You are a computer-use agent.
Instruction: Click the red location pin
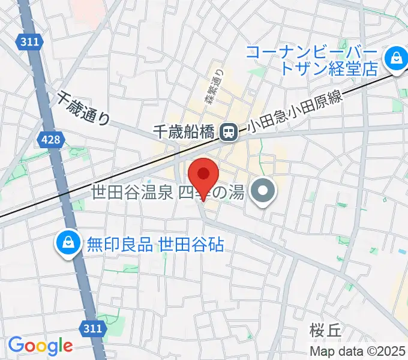pyautogui.click(x=203, y=175)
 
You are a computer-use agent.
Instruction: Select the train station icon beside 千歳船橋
pyautogui.click(x=228, y=132)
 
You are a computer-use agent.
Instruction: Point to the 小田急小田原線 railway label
pyautogui.click(x=294, y=110)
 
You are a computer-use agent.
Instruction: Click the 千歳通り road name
pyautogui.click(x=84, y=108)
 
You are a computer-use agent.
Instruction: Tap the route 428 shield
pyautogui.click(x=50, y=139)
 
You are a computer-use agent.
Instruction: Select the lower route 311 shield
pyautogui.click(x=92, y=328)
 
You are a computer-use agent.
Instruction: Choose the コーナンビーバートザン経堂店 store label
pyautogui.click(x=312, y=60)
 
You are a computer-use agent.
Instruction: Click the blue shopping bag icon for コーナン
pyautogui.click(x=396, y=59)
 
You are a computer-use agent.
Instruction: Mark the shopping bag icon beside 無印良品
pyautogui.click(x=68, y=243)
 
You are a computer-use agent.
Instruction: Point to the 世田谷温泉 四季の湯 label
pyautogui.click(x=168, y=193)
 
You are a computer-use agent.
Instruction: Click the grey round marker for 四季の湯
pyautogui.click(x=263, y=193)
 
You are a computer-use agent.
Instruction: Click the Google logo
pyautogui.click(x=40, y=346)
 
